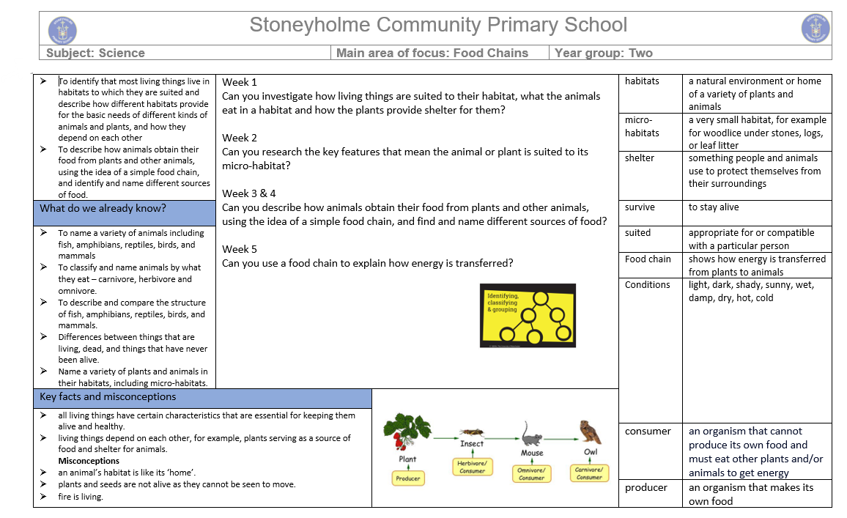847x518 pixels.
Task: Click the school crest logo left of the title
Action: pos(62,30)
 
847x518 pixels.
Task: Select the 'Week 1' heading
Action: pos(240,82)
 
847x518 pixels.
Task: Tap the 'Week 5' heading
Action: pos(240,249)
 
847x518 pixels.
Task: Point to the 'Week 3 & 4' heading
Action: pos(249,193)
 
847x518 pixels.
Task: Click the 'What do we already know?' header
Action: pos(103,208)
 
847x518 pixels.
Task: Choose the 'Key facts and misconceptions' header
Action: pos(108,396)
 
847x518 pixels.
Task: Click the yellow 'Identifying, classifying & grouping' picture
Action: pos(528,315)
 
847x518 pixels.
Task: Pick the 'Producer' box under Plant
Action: pos(408,478)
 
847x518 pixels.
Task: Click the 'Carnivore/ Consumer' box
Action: pos(589,473)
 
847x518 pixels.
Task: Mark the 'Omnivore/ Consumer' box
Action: pos(532,474)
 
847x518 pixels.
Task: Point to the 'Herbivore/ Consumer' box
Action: pos(473,467)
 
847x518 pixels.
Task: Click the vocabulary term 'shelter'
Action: pos(640,158)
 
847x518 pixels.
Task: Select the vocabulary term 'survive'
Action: pos(640,207)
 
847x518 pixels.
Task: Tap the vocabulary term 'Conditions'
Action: pos(647,284)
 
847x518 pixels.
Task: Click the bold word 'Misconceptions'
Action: pos(89,461)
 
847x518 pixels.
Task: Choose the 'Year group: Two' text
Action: pos(604,53)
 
